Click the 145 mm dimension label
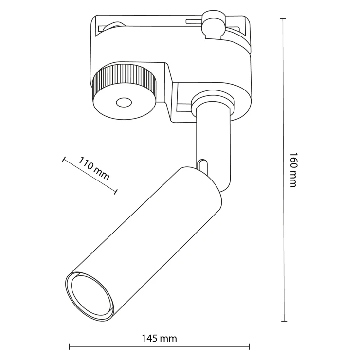159,339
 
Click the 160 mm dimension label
293,170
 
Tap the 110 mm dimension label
94,169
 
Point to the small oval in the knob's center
124,103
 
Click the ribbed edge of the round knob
125,78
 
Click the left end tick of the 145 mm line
70,347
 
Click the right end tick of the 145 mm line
250,347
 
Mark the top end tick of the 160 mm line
282,18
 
